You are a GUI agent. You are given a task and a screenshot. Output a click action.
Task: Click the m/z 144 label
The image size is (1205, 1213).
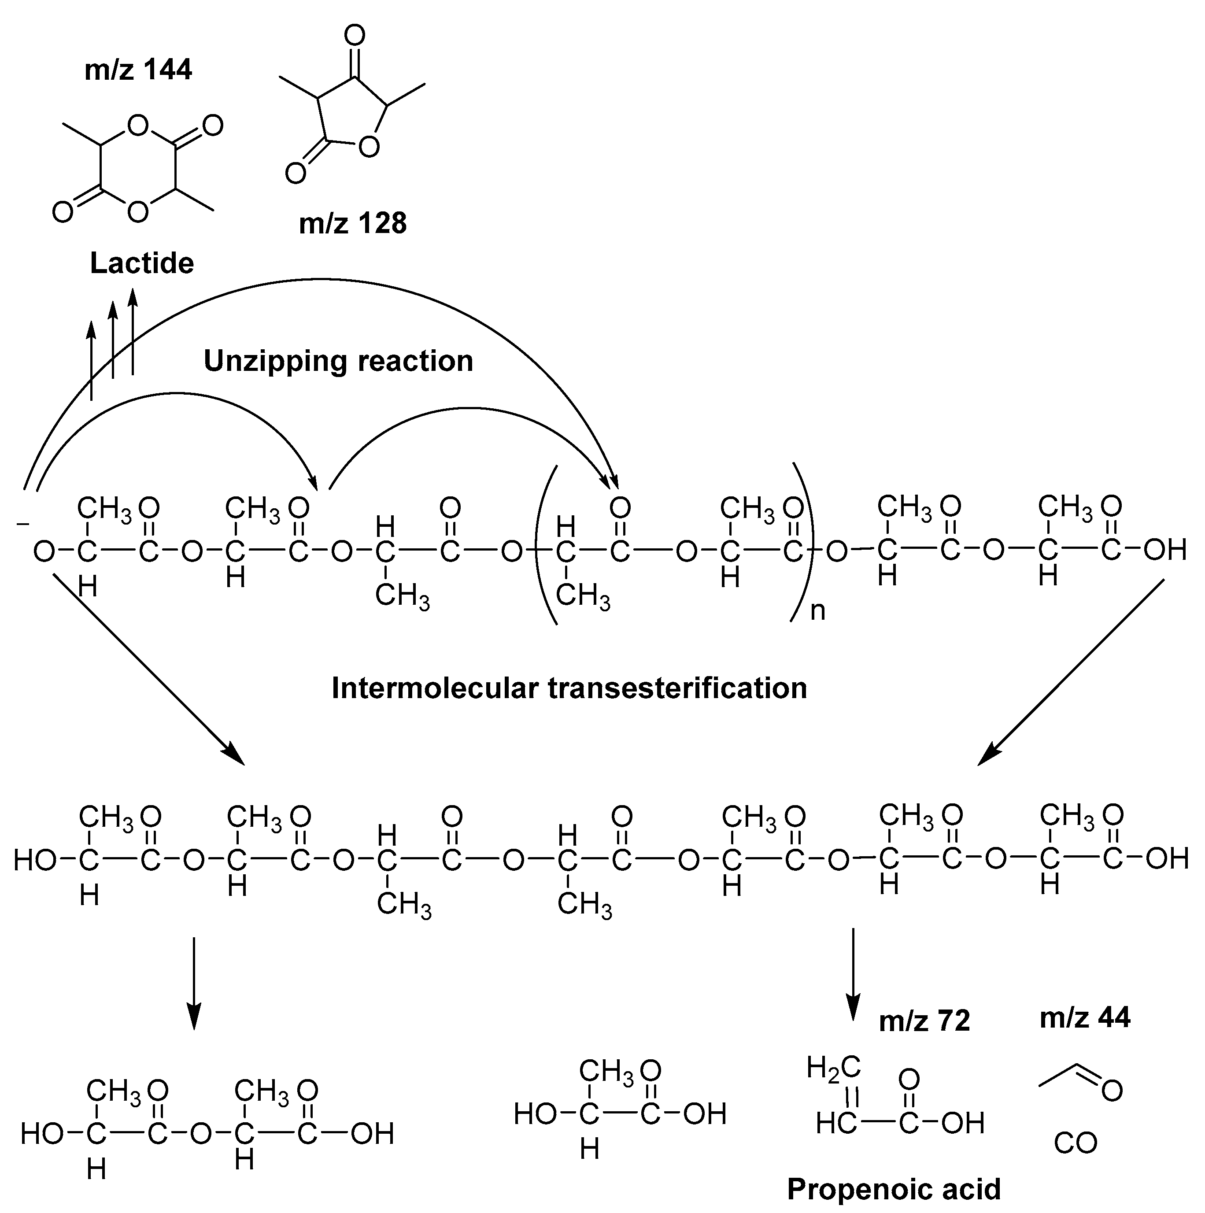click(x=138, y=70)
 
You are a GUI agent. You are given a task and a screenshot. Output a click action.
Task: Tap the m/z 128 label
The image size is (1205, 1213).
click(x=352, y=223)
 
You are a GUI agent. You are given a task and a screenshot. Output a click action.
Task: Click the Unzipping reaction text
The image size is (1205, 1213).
click(x=338, y=361)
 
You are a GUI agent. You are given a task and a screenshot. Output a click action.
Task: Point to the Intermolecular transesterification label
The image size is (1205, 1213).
click(x=569, y=688)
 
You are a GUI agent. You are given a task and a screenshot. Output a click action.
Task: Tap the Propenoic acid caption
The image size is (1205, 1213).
click(x=894, y=1188)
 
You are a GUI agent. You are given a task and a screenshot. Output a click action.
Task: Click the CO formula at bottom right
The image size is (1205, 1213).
click(x=1075, y=1143)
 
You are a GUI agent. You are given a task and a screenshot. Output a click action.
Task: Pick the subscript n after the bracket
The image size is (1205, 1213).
click(x=817, y=610)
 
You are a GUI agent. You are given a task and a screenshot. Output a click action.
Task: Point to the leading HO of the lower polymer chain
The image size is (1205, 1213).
click(x=35, y=860)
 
